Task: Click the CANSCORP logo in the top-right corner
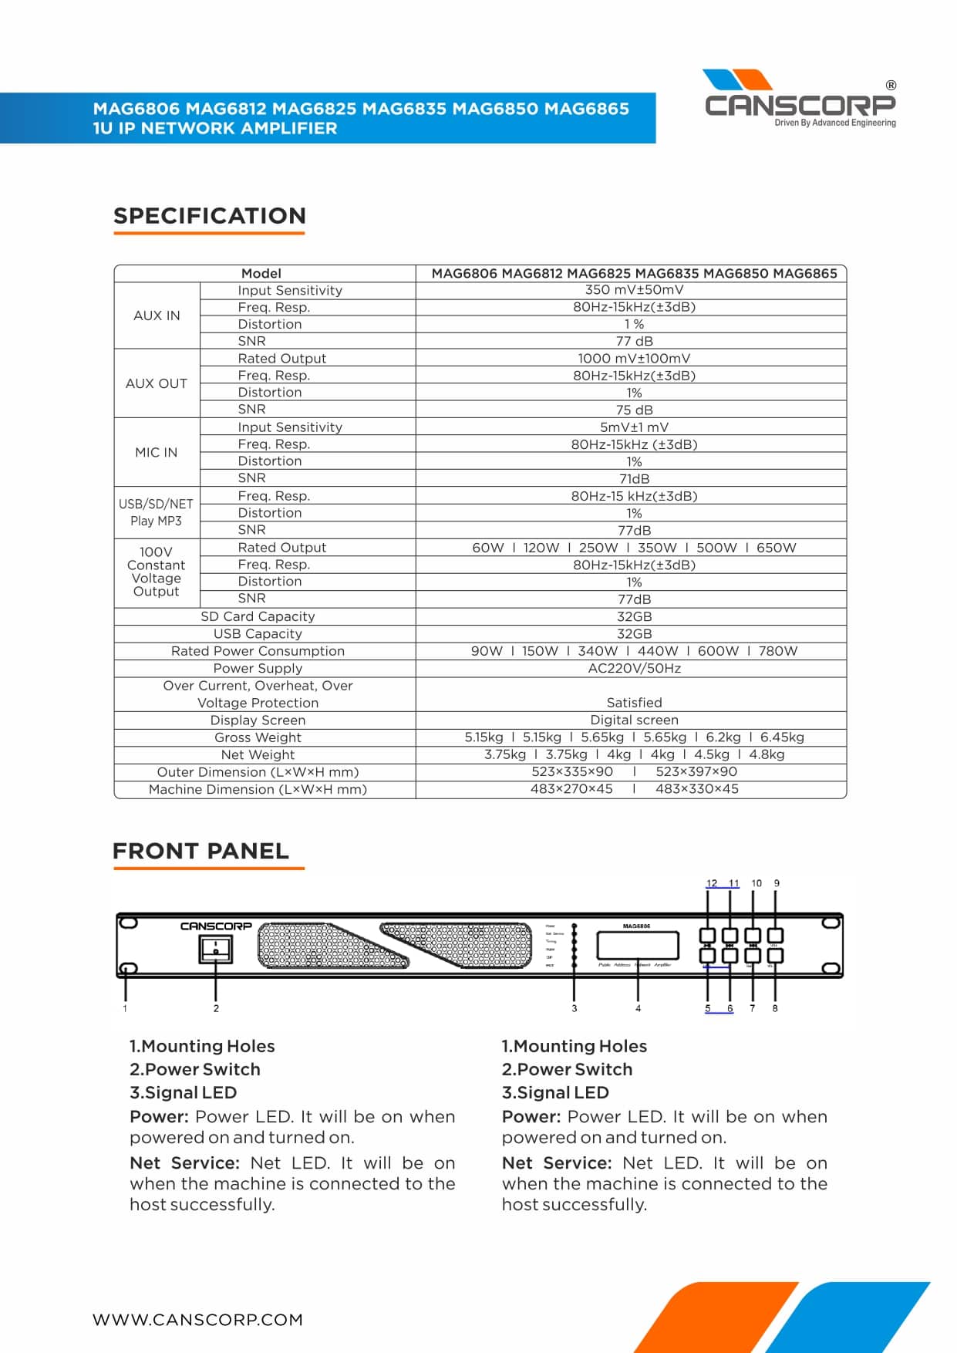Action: tap(800, 99)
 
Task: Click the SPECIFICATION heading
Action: tap(210, 215)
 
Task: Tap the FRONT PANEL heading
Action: tap(200, 851)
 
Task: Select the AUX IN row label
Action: tap(157, 315)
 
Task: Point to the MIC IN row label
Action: tap(156, 452)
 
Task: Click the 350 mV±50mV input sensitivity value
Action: tap(634, 290)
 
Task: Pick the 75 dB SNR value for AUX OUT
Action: tap(634, 410)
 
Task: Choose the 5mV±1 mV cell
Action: tap(634, 427)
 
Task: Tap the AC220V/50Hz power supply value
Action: tap(634, 668)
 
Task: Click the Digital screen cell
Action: tap(634, 720)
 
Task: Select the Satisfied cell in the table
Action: tap(634, 703)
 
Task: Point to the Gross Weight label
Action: tap(258, 737)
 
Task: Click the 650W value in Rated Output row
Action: tap(776, 548)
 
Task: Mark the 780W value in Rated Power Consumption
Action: tap(777, 651)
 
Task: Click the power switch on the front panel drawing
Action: tap(216, 948)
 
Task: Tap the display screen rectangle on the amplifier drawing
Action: tap(637, 945)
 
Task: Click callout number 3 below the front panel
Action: tap(574, 1008)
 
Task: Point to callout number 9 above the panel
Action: tap(777, 883)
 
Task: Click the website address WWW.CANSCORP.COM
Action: tap(197, 1320)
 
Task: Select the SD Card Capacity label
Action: tap(258, 616)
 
